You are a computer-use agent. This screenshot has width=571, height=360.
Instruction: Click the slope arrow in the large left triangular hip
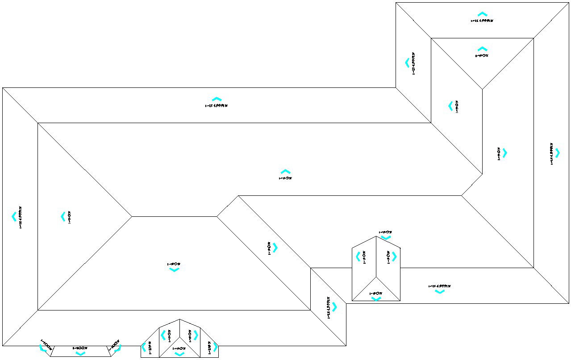[x=63, y=216]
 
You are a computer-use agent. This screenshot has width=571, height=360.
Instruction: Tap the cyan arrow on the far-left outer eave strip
[x=14, y=216]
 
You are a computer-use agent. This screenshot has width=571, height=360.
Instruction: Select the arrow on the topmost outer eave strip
[x=482, y=14]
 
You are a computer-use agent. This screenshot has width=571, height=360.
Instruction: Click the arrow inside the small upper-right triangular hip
[x=482, y=49]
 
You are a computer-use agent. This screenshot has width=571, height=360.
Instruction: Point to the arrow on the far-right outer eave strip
[x=557, y=153]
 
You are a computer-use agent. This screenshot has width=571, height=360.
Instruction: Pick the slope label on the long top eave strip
[x=217, y=106]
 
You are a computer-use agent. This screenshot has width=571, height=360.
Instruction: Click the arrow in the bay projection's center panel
[x=80, y=354]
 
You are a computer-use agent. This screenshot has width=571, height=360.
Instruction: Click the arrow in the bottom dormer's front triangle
[x=179, y=354]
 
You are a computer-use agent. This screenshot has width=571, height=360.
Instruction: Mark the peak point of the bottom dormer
[x=179, y=319]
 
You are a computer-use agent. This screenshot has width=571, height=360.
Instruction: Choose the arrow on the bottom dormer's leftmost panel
[x=143, y=347]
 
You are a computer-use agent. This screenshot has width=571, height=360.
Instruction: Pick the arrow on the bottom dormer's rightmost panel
[x=216, y=347]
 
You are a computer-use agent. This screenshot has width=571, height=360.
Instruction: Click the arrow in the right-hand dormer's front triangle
[x=376, y=299]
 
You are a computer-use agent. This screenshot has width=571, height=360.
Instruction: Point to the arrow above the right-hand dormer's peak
[x=386, y=237]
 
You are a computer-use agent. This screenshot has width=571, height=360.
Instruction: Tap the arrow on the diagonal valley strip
[x=275, y=248]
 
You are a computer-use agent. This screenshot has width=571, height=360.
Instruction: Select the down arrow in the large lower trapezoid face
[x=174, y=270]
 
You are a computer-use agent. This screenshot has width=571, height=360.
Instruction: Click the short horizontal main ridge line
[x=174, y=216]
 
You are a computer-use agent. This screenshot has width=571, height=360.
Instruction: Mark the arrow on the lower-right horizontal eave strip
[x=440, y=292]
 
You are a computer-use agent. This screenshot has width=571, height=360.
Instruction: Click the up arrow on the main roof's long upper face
[x=285, y=172]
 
